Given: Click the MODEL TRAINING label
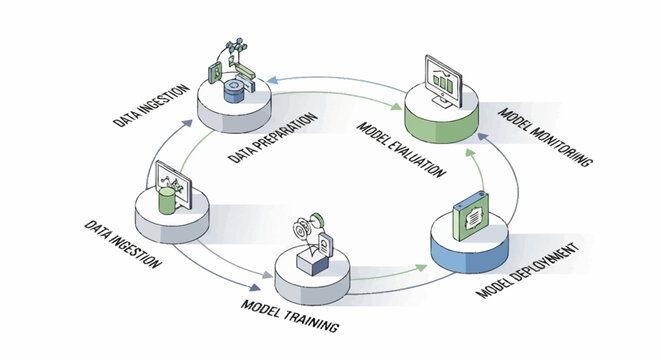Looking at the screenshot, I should pos(290,313).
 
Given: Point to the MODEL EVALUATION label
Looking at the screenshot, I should pos(401,147).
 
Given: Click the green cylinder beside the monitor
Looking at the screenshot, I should pos(165,199).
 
